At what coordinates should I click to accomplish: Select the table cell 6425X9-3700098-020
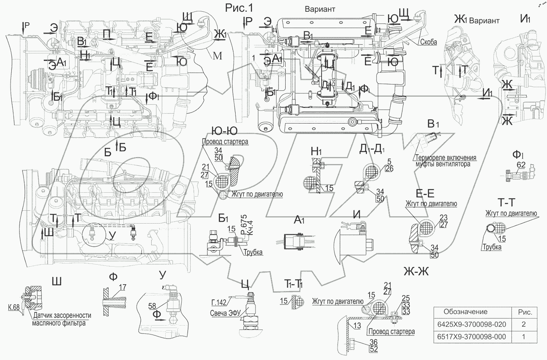pyautogui.click(x=472, y=324)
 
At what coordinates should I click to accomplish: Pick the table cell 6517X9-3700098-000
pyautogui.click(x=472, y=337)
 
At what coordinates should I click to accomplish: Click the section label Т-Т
pyautogui.click(x=506, y=202)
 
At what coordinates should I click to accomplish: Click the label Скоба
pyautogui.click(x=428, y=42)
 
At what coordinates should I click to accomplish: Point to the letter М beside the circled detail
pyautogui.click(x=218, y=56)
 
